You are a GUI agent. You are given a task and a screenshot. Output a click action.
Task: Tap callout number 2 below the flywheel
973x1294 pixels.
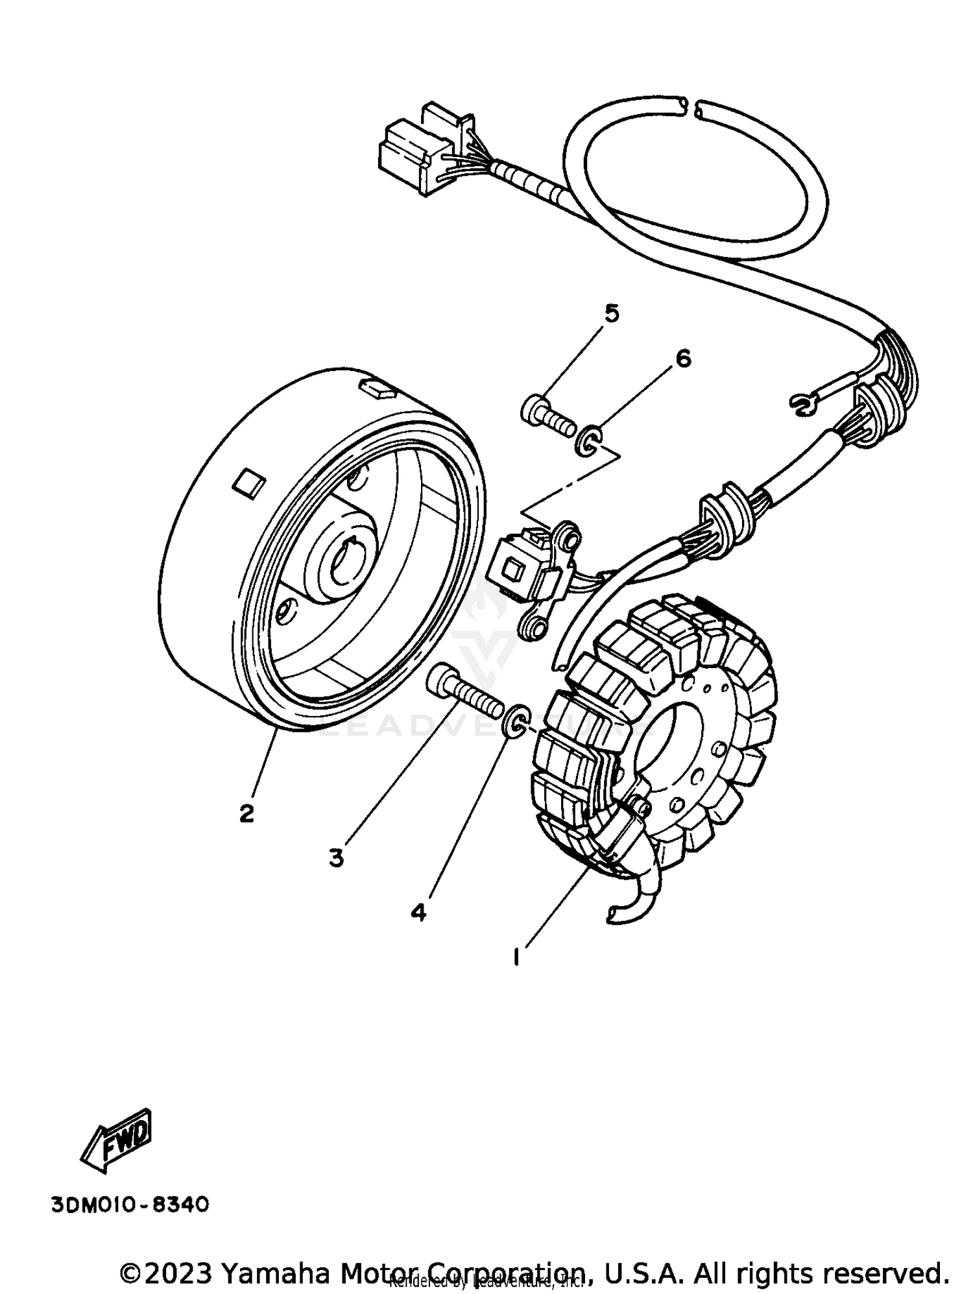pos(246,813)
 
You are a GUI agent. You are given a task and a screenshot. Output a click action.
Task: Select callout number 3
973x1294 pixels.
pos(336,857)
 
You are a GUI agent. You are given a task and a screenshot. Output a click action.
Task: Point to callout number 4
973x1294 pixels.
pos(418,912)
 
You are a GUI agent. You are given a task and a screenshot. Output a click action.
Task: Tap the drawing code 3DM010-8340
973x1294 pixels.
pos(130,1205)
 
